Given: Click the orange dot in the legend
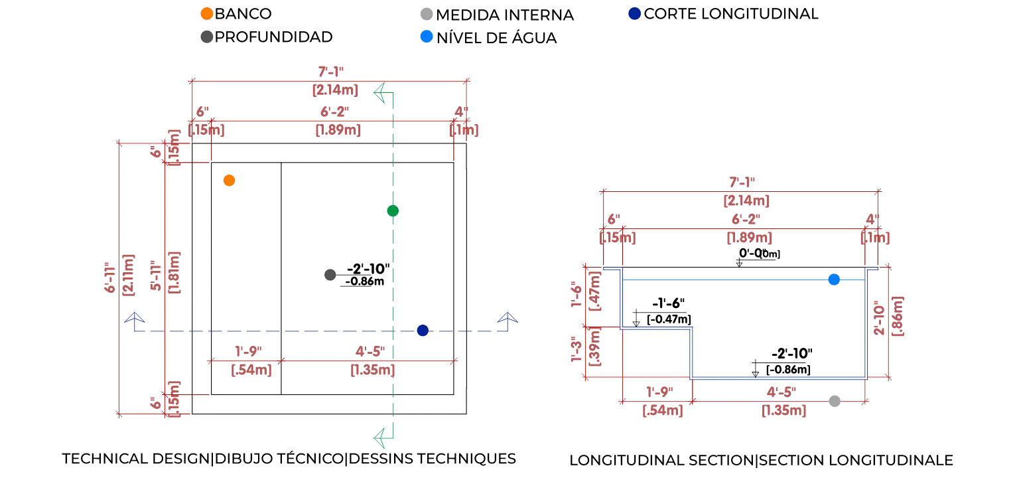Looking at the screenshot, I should click(x=206, y=13).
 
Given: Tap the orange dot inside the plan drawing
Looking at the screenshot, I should click(x=229, y=180).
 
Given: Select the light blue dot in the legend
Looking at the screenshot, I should click(x=427, y=37).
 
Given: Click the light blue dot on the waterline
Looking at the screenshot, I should click(x=835, y=279).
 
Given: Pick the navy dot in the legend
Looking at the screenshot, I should click(x=634, y=13).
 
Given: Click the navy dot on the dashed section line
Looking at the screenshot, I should click(x=422, y=331).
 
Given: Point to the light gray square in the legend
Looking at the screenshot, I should click(x=427, y=13).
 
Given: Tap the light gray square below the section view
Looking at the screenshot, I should click(x=835, y=400).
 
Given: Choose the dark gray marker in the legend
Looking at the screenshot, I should click(x=206, y=37).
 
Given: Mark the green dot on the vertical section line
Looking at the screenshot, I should click(x=393, y=211).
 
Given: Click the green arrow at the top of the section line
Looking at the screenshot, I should click(x=381, y=92).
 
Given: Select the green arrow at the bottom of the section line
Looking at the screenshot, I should click(x=381, y=438).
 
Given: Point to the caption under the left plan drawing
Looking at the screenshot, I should click(x=289, y=459).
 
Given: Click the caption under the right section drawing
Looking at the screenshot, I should click(x=761, y=459).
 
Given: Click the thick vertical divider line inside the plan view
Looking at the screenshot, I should click(x=281, y=279).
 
